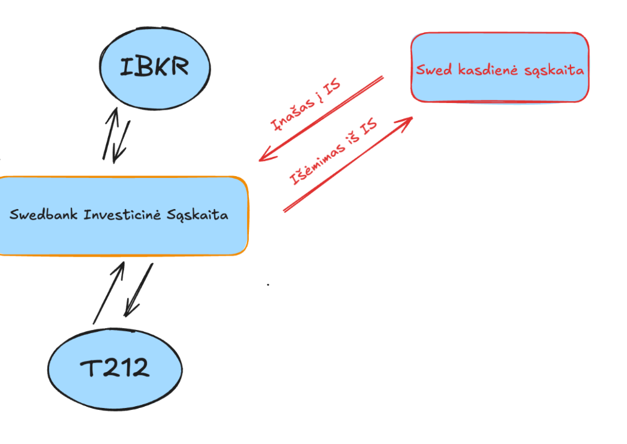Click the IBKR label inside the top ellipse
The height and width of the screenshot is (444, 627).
coord(154,67)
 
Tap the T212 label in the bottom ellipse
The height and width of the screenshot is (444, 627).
coord(115,368)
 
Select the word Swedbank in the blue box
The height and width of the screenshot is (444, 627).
coord(43,215)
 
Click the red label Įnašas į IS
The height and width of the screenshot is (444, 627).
coord(306,104)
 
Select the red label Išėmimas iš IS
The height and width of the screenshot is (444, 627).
coord(333,152)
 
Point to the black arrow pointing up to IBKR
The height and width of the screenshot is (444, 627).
coord(109,133)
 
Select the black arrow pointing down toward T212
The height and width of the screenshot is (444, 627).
coord(138,289)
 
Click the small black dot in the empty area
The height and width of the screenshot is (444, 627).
coord(268,285)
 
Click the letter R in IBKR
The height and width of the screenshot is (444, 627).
coord(178,67)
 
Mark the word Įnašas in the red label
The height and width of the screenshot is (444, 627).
coord(292,112)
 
